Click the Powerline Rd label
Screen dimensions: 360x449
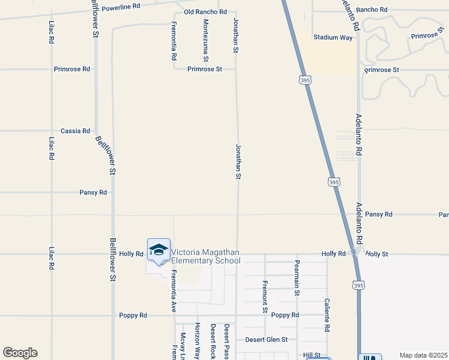tap(121, 6)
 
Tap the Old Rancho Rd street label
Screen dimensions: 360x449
tap(205, 12)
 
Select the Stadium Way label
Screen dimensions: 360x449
tap(333, 37)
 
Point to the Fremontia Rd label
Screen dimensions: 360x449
tap(173, 41)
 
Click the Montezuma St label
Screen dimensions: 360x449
tap(205, 41)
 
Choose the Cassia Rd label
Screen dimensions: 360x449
tap(75, 131)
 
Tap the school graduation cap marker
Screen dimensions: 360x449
tap(158, 250)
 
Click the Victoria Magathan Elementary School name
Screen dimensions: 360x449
tap(206, 256)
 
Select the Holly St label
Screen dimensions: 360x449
tap(377, 254)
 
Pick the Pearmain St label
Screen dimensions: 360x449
tap(297, 278)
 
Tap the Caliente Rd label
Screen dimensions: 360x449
tap(327, 316)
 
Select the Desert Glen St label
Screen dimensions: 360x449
tap(267, 340)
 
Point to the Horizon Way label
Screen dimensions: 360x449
tap(197, 341)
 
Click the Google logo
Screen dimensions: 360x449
tap(20, 353)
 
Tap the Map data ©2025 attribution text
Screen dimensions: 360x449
tap(423, 355)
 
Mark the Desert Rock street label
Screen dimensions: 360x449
tap(212, 341)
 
